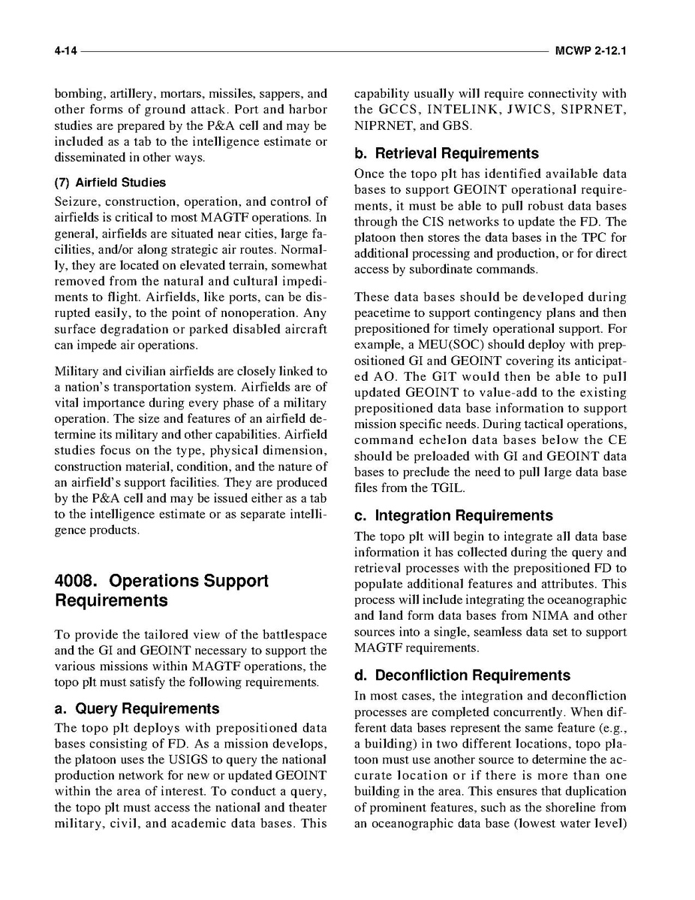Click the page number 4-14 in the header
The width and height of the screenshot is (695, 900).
(x=66, y=52)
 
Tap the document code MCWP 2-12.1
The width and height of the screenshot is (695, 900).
(x=591, y=52)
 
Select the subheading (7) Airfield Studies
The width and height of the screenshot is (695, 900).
(x=110, y=183)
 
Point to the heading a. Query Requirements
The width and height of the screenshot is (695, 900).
(x=137, y=708)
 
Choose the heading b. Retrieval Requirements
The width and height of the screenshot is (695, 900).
(x=447, y=153)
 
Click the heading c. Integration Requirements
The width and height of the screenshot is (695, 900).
(x=453, y=515)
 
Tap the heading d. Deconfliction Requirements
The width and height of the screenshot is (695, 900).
(x=462, y=675)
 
